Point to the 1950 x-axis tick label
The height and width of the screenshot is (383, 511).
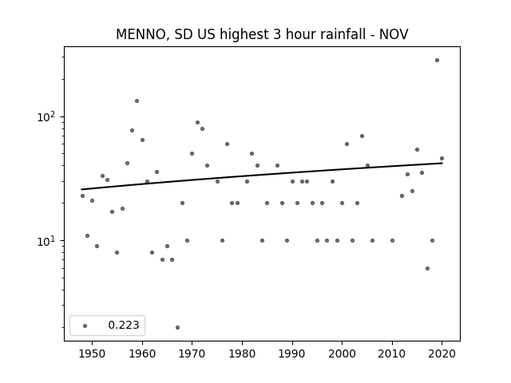[93, 353]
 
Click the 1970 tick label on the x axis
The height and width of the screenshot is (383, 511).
[192, 353]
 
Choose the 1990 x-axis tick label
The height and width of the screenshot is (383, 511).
[292, 353]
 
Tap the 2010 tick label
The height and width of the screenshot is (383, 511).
[392, 353]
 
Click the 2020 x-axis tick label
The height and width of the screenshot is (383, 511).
[442, 353]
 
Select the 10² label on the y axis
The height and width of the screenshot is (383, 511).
[46, 116]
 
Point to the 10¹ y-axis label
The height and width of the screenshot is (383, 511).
[46, 241]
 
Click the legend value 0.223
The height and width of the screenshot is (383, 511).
[124, 325]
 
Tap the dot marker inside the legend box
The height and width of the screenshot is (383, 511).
[85, 326]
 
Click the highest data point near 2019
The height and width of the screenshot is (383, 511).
[437, 61]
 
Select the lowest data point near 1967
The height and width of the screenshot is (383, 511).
[177, 327]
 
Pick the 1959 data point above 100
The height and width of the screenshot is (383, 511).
[137, 101]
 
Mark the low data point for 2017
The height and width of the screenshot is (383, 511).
[428, 268]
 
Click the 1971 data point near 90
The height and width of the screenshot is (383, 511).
[197, 122]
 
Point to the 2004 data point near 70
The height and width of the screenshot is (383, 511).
[362, 136]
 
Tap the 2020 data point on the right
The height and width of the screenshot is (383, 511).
[442, 159]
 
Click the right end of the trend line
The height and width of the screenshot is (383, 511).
[442, 163]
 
